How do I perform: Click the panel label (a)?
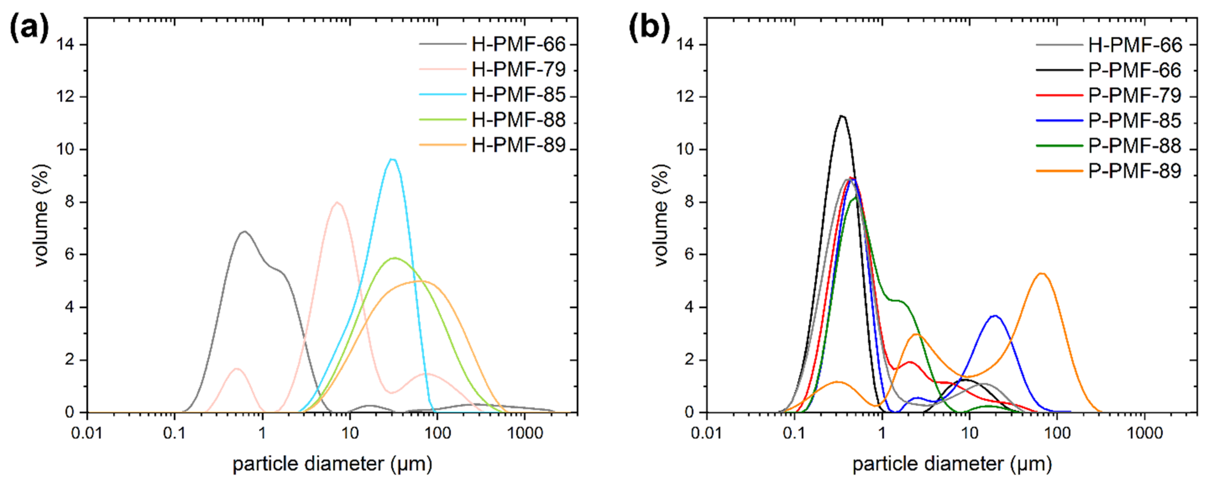click(29, 28)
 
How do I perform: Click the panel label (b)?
click(649, 28)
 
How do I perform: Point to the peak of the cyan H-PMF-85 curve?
click(392, 160)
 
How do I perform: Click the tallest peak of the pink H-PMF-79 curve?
click(337, 202)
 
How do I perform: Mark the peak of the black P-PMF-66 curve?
click(842, 116)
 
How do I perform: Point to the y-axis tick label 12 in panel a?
click(66, 97)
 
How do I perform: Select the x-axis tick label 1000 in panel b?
click(1144, 433)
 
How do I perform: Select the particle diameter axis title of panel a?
click(332, 464)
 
